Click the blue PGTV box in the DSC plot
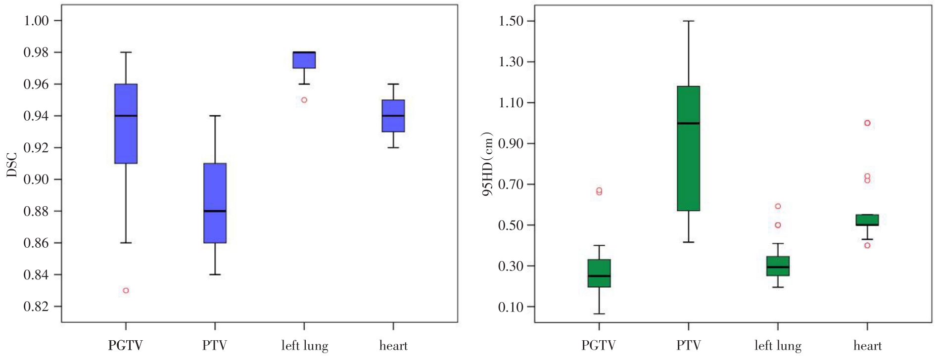126,124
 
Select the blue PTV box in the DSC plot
215,203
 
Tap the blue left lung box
304,60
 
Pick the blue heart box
393,116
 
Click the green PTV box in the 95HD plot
688,148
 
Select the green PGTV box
599,273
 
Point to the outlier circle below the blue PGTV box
126,290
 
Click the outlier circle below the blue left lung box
304,100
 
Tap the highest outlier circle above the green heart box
867,123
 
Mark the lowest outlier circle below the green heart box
867,245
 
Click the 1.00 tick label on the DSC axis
36,21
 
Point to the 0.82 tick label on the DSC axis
36,307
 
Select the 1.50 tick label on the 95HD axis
510,21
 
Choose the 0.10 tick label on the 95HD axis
510,307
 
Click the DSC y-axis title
12,165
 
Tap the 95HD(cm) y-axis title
488,164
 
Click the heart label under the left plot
393,346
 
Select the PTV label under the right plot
688,346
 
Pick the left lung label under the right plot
778,346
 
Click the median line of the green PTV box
688,123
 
